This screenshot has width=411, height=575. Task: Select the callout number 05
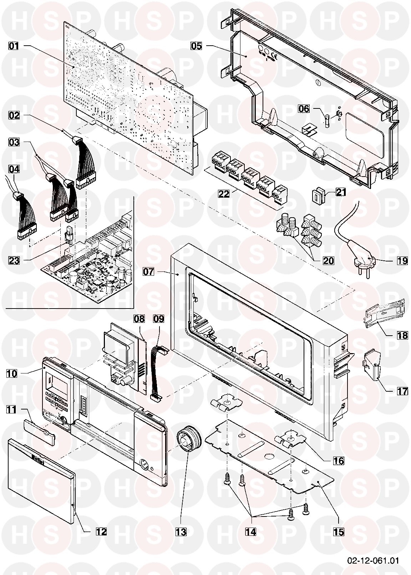pos(196,46)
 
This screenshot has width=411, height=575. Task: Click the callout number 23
pos(13,260)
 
